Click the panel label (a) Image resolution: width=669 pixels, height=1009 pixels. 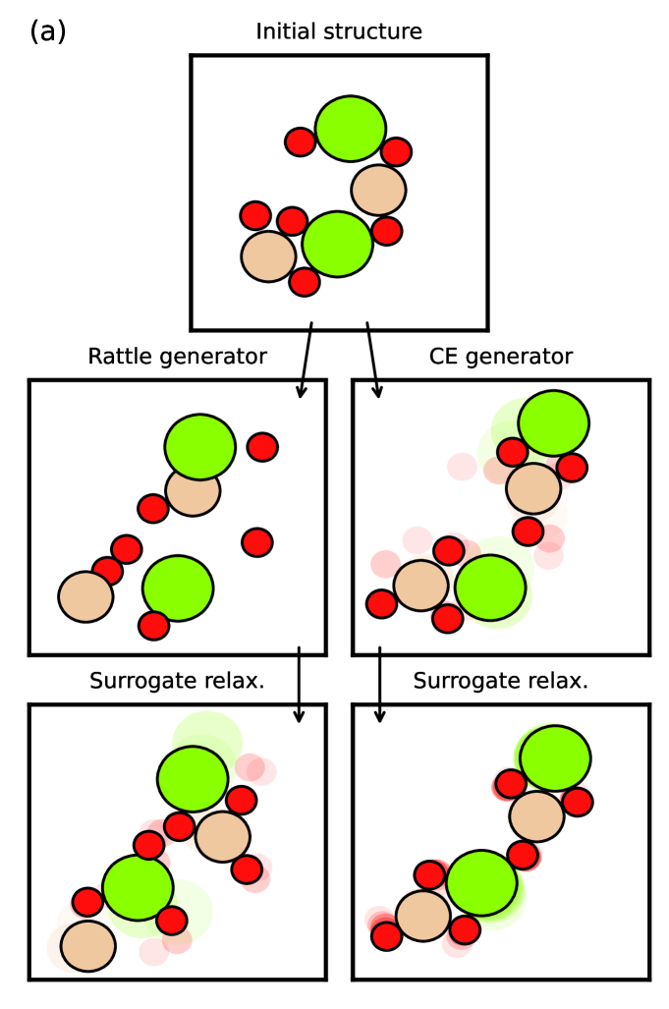click(47, 31)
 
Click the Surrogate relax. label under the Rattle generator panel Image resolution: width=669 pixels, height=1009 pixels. click(177, 681)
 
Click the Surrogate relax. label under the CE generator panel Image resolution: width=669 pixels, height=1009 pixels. click(501, 681)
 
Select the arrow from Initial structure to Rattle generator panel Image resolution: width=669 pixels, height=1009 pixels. click(307, 359)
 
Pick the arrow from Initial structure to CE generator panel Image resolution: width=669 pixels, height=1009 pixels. click(373, 359)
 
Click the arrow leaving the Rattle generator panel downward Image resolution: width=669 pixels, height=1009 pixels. click(299, 685)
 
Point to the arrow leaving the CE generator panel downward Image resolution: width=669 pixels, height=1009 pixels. click(380, 685)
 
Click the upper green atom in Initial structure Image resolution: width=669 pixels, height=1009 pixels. click(350, 129)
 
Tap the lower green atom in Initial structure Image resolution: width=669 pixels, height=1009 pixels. click(337, 244)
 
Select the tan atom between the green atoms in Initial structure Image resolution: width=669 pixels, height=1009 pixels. click(378, 191)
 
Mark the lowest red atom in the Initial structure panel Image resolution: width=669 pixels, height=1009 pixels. click(305, 282)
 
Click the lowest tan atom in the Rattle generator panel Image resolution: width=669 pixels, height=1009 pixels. click(85, 596)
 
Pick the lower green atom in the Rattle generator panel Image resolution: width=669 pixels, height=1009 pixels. click(178, 588)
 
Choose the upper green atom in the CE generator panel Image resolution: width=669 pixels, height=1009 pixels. click(553, 422)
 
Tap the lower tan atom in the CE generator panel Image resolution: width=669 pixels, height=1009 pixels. click(421, 587)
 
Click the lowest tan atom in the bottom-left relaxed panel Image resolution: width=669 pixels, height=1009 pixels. click(88, 945)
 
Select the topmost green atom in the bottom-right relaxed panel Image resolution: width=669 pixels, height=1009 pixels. click(555, 757)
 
